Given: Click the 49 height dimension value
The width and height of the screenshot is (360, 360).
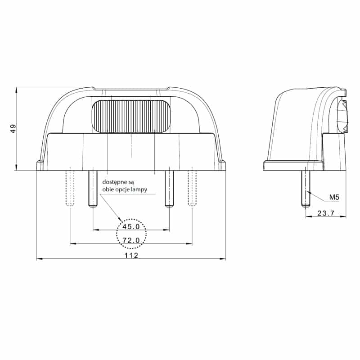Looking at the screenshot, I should [14, 129].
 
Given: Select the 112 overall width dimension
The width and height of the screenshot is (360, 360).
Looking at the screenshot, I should [131, 255].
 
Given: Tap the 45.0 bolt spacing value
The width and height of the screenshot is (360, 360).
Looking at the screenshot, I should [131, 226].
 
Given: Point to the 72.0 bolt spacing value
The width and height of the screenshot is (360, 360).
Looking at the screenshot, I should [131, 240].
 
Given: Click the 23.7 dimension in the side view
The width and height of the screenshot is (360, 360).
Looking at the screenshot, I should [325, 213].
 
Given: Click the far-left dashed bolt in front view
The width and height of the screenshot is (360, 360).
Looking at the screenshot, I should [70, 188].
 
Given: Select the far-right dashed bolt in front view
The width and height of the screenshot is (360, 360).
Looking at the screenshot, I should [193, 188].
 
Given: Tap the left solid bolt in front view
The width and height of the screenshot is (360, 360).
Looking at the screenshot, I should [93, 189].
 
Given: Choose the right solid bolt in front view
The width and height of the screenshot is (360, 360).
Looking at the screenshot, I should [169, 189].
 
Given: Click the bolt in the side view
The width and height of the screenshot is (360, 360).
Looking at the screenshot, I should [306, 187].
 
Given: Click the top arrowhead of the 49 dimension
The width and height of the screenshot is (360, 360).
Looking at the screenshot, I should [16, 90].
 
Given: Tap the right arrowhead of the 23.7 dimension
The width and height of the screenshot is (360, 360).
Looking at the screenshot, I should [344, 217].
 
